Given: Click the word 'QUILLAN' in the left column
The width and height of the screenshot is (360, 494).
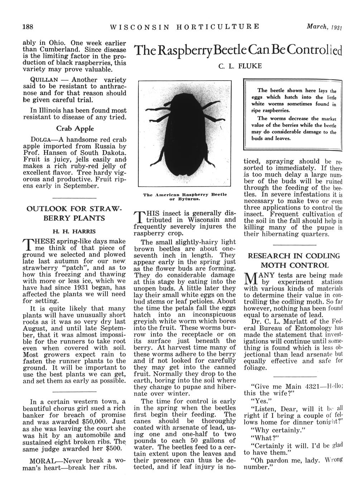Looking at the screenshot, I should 37,80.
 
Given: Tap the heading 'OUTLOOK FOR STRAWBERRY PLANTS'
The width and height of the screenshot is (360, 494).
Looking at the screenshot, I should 75,213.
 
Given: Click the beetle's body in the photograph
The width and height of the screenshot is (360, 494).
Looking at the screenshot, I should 185,136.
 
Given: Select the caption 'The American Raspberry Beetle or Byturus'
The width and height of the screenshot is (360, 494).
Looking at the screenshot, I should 185,196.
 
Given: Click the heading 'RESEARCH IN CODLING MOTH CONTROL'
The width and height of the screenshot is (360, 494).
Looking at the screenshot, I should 294,261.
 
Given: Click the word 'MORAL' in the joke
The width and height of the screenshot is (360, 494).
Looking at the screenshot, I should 44,460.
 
